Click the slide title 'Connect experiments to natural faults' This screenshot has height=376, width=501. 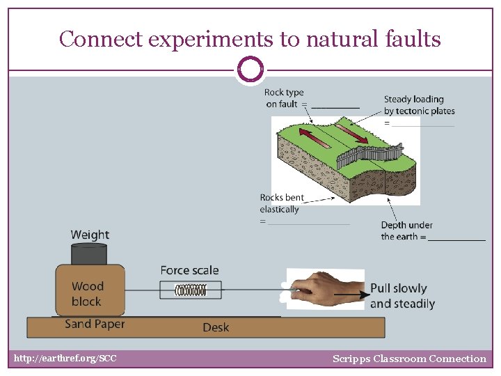tap(250, 39)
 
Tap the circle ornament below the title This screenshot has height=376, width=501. tap(250, 70)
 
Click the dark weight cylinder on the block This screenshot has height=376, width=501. tap(89, 253)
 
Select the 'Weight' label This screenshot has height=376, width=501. tap(90, 235)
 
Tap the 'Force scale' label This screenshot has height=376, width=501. tap(189, 270)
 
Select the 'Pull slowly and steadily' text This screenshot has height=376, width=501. tap(402, 296)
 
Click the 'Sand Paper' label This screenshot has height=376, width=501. tap(95, 324)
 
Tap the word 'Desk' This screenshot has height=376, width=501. tap(216, 327)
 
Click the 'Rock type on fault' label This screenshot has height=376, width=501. tap(285, 98)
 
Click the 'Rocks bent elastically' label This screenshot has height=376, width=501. tap(282, 203)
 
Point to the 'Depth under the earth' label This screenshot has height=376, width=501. tap(406, 230)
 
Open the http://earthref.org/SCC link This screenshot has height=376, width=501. tap(65, 359)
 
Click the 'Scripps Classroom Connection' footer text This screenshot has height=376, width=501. tap(409, 359)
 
